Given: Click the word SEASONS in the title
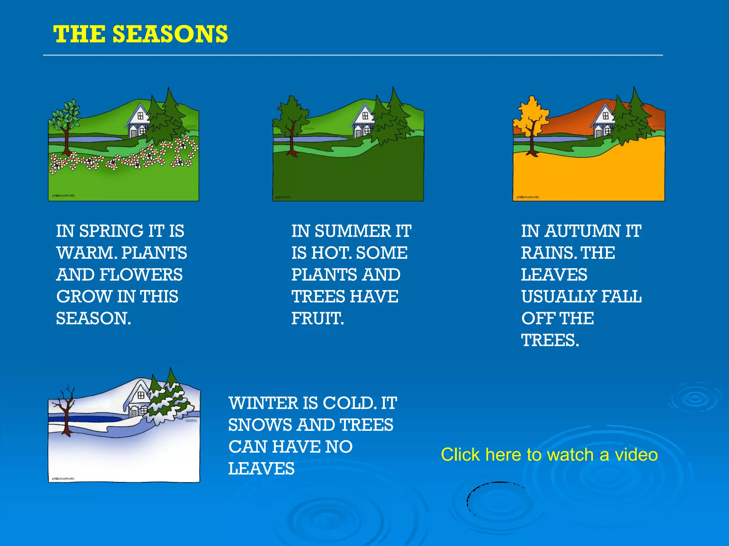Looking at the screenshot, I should click(170, 34).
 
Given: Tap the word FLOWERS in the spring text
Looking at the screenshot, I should click(141, 275).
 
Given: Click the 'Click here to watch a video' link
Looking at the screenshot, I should click(549, 455).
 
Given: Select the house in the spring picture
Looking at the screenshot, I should click(139, 121).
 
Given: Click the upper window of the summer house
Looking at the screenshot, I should click(365, 116).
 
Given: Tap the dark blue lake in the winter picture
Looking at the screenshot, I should click(89, 418).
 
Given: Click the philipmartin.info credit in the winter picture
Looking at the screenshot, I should click(63, 478).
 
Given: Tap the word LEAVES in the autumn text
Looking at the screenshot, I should click(554, 275).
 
